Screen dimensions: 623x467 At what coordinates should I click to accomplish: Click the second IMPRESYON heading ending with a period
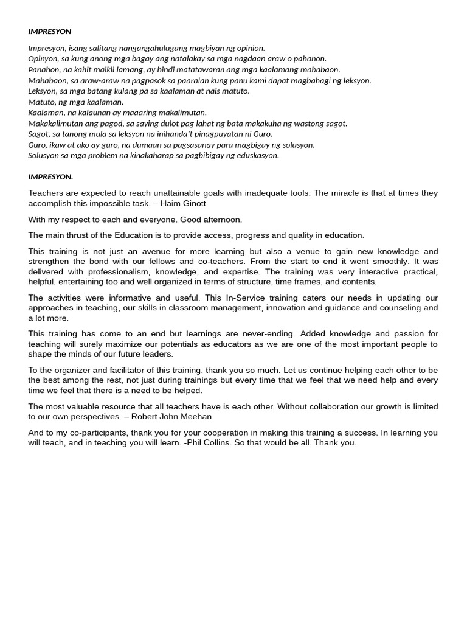(x=50, y=177)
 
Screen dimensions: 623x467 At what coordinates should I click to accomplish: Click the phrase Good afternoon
(x=216, y=220)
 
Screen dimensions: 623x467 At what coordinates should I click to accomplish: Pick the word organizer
(x=72, y=371)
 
